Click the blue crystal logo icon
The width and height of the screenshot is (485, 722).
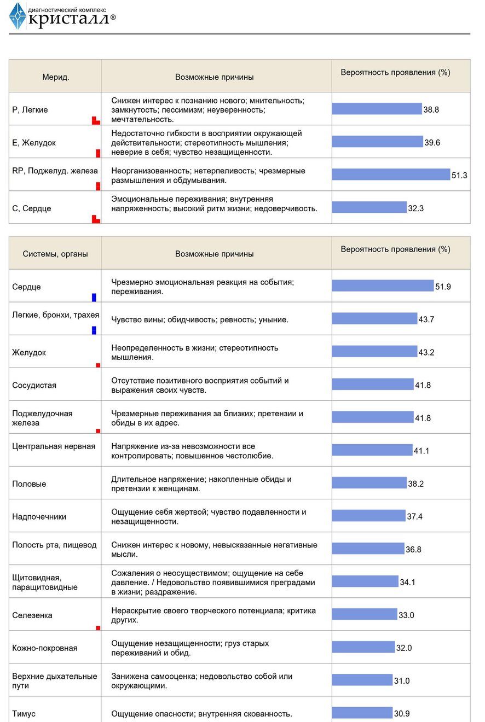(18, 16)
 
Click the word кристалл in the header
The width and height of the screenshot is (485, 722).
(68, 19)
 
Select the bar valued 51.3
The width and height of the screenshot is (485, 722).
(391, 174)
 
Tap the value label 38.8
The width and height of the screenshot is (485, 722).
(431, 109)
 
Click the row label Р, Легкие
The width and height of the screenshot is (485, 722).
(30, 110)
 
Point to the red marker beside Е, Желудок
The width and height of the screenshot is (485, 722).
(98, 153)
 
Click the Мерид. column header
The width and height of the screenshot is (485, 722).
(56, 77)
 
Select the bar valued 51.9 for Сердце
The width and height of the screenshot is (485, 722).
(383, 286)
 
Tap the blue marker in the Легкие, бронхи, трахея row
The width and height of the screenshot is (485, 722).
(94, 330)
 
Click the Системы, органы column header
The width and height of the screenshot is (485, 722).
(55, 254)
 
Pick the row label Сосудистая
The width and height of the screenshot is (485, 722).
(34, 385)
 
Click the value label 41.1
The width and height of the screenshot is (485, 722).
(422, 451)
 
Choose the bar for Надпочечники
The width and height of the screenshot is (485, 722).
(368, 515)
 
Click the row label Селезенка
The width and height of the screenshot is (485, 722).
(32, 615)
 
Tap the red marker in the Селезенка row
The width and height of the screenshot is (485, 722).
(98, 628)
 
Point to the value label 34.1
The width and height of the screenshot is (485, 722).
(408, 582)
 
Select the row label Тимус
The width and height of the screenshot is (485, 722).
(24, 714)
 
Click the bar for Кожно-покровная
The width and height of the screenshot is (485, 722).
(363, 647)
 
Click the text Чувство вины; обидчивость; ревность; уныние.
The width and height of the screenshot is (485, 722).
(200, 320)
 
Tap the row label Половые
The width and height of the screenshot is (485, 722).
(29, 484)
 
